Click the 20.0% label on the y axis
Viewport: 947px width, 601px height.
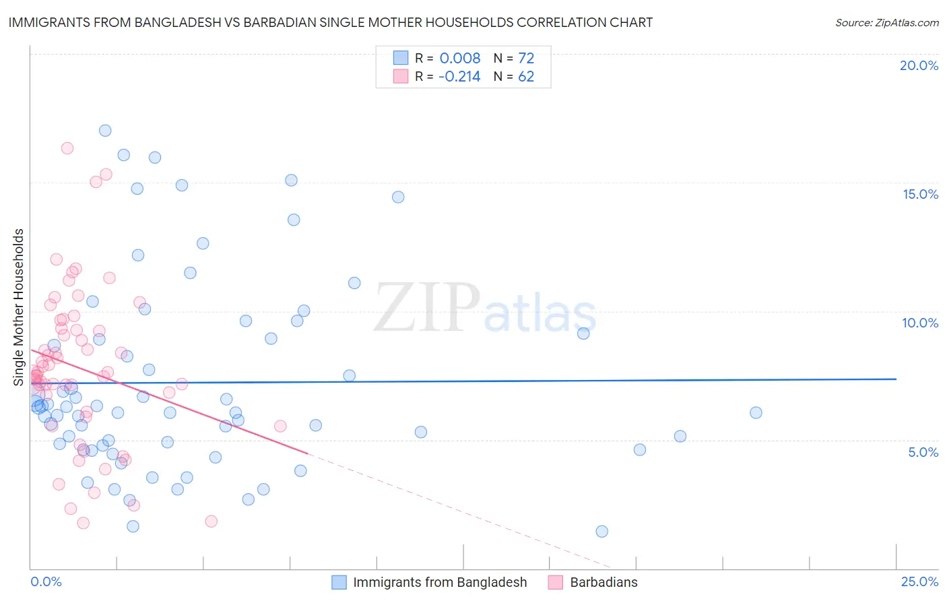(x=919, y=65)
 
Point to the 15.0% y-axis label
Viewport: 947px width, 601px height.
(x=920, y=194)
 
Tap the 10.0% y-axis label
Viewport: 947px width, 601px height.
(x=920, y=323)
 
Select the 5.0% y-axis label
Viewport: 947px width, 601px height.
(x=923, y=452)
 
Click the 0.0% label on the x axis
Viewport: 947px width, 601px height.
(x=46, y=582)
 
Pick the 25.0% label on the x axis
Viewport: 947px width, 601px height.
(x=919, y=582)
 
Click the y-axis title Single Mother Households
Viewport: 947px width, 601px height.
(x=19, y=307)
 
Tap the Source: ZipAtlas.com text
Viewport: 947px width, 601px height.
(x=886, y=23)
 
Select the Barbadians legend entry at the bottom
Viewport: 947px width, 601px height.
(x=603, y=582)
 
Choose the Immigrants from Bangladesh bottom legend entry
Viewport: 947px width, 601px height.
(x=440, y=582)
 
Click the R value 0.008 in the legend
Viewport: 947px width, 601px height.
(x=460, y=58)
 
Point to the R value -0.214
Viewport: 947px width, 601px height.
(x=459, y=77)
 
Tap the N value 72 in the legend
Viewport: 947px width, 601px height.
(x=526, y=58)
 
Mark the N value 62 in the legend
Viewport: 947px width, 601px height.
(x=526, y=77)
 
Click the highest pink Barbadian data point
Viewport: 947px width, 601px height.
(x=67, y=148)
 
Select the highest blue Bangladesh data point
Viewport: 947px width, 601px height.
(x=105, y=131)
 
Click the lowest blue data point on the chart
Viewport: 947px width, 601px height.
(x=602, y=532)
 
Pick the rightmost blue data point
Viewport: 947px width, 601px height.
(x=756, y=413)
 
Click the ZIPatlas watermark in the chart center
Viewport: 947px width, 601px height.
(x=485, y=308)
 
